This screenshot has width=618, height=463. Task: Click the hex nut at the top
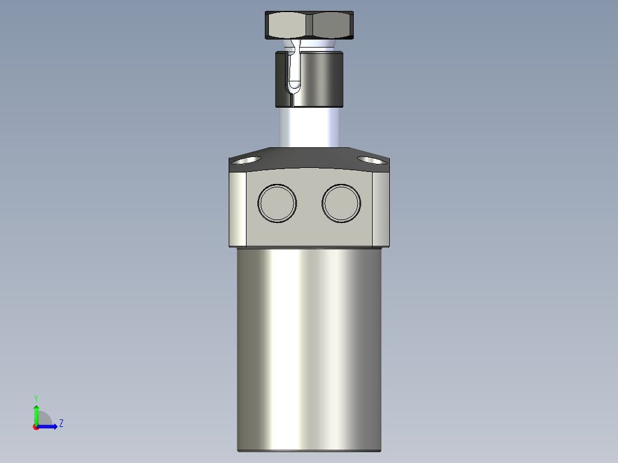coord(309,25)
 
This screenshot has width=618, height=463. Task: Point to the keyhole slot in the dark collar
coord(294,72)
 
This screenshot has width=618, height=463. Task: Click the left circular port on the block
coord(277,203)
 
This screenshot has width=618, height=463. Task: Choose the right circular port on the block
coord(342,203)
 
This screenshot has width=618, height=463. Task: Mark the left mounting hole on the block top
coord(245,160)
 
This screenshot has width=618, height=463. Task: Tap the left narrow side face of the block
coord(238,209)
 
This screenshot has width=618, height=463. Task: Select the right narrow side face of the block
coord(381,209)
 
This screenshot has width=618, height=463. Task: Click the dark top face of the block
coord(310,158)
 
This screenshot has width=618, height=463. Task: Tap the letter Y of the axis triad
coord(36,398)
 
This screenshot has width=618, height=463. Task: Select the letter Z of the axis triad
coord(61,423)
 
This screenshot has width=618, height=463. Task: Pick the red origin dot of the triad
coord(36,427)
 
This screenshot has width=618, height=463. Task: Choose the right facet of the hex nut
coord(331,25)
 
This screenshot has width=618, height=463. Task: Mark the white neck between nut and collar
coord(318,44)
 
